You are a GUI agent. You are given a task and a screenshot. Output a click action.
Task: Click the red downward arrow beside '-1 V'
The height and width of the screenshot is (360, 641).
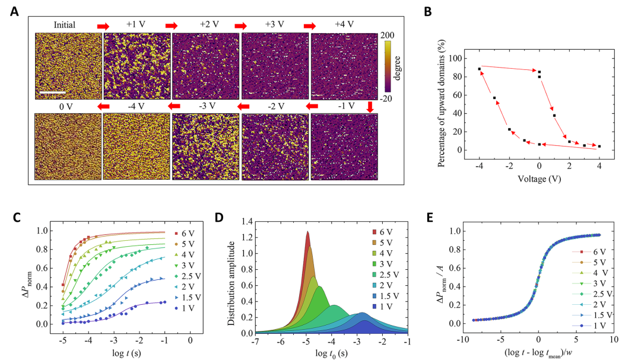370,107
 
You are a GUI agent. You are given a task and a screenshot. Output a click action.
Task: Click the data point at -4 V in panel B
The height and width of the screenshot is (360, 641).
479,69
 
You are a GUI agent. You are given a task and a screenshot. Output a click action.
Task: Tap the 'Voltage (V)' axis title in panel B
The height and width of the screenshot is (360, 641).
539,177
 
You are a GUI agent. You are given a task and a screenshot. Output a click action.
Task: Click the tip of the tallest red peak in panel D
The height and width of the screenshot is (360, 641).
307,232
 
